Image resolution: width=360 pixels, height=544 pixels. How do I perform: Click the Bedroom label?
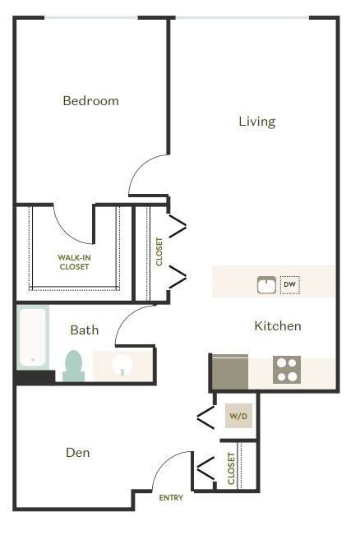91,101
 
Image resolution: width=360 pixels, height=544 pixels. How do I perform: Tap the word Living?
256,122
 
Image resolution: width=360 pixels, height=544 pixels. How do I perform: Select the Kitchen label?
277,326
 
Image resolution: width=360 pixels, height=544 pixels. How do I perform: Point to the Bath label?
85,330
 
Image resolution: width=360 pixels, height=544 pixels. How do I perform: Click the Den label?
77,453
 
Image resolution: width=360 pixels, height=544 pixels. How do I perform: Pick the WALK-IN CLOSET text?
74,261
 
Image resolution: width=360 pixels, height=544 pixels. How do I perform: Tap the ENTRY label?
171,498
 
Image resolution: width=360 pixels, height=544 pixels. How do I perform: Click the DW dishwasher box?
289,285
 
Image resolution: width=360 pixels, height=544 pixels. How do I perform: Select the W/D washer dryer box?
238,417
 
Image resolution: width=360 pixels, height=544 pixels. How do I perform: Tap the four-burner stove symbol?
286,370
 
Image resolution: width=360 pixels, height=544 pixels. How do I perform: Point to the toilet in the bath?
74,365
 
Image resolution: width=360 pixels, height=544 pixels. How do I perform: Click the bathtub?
34,337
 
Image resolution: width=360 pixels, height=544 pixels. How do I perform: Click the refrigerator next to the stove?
230,370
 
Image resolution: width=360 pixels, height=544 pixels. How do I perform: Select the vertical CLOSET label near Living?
159,251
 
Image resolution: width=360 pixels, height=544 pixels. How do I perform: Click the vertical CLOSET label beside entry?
231,468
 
